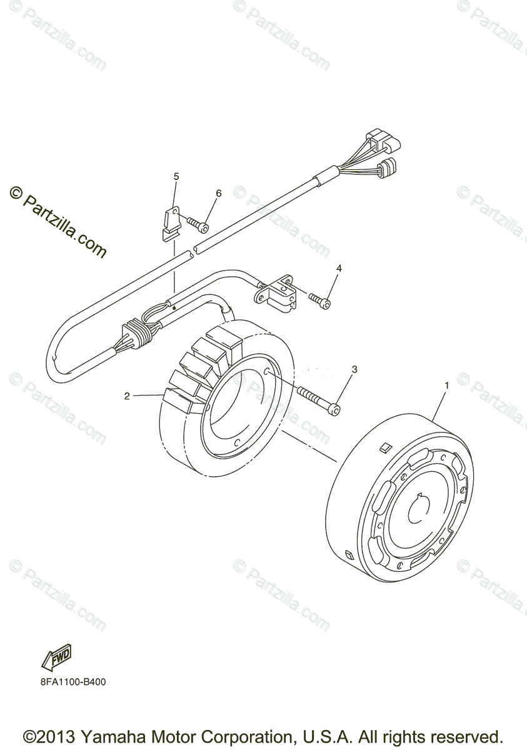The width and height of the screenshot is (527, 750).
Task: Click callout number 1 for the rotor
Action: click(446, 386)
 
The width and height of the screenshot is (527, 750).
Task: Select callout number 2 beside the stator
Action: click(127, 396)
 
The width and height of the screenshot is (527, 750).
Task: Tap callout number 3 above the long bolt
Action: click(354, 369)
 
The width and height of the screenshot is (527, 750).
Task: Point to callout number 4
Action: click(339, 268)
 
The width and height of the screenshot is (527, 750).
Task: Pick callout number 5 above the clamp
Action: click(176, 177)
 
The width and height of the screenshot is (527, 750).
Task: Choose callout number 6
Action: click(218, 193)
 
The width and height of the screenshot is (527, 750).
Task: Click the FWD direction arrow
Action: click(56, 657)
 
